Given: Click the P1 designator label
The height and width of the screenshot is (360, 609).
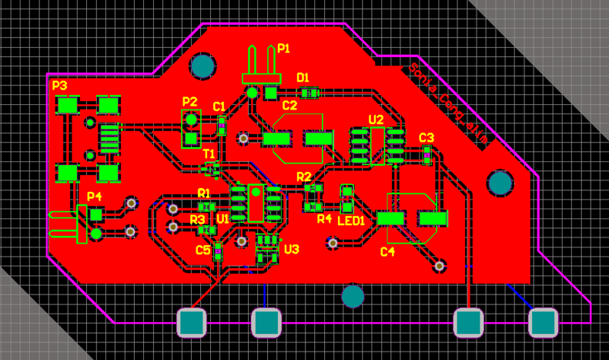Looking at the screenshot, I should tap(283, 49).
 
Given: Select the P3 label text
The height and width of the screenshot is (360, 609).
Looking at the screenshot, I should tap(59, 86).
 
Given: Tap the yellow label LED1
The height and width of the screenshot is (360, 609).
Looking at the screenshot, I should tap(351, 221).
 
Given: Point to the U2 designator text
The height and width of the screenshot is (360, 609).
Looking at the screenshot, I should tap(376, 119).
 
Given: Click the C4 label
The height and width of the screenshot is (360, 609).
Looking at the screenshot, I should tap(387, 252).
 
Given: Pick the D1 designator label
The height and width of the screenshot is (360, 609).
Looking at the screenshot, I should tap(302, 78).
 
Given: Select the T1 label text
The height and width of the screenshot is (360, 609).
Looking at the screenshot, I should tap(209, 154).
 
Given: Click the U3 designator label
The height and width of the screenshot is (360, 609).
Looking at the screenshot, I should tap(292, 249).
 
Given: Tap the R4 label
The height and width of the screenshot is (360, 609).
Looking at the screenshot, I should tap(324, 219).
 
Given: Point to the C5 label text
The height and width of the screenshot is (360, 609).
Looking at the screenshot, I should tap(202, 250).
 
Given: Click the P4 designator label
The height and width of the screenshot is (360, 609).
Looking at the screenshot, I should tap(94, 196).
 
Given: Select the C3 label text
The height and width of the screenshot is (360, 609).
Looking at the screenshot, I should tap(426, 138).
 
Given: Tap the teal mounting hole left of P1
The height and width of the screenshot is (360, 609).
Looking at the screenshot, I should tap(203, 67).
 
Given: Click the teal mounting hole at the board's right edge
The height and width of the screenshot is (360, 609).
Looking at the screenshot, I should tap(499, 183).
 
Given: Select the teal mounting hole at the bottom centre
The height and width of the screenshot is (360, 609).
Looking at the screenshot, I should tap(352, 295).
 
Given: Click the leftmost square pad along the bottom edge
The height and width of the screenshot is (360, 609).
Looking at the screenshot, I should tap(192, 323).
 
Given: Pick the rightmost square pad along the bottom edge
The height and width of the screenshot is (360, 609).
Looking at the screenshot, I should tap(544, 323).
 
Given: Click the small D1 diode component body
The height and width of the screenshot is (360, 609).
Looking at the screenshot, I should tap(308, 93).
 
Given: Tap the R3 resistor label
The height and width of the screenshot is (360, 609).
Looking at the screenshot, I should tap(197, 220).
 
